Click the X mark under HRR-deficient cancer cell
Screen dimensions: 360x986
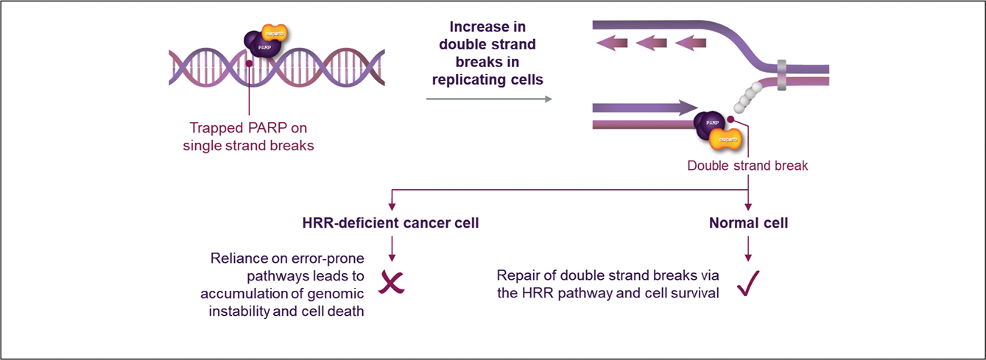click(x=391, y=283)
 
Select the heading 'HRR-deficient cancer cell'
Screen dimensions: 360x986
click(x=390, y=223)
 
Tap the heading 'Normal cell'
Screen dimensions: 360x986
click(x=748, y=223)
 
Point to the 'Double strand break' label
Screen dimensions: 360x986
click(x=747, y=166)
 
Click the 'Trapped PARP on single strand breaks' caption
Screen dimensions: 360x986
click(x=249, y=136)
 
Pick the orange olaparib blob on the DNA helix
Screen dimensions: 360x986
click(x=275, y=35)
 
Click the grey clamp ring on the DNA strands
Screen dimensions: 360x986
click(x=781, y=74)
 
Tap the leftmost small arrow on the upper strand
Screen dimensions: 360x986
click(x=611, y=44)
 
